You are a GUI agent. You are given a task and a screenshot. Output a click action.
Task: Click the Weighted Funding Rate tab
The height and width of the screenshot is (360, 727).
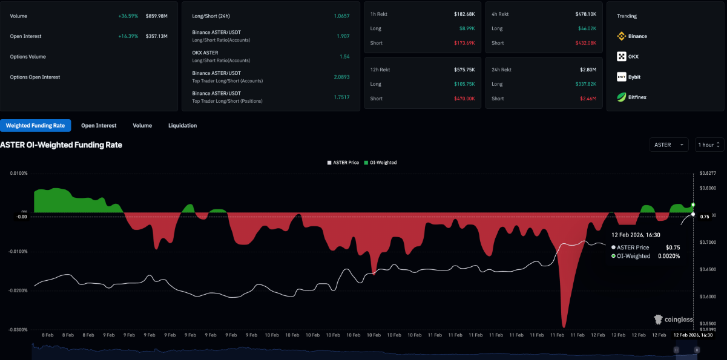tap(35, 125)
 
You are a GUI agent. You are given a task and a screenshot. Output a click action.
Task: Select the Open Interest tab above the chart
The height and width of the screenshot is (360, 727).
tap(99, 125)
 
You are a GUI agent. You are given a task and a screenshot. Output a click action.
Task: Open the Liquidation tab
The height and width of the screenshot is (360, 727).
tap(182, 125)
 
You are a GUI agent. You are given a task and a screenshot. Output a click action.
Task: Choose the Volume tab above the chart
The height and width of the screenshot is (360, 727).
tap(142, 125)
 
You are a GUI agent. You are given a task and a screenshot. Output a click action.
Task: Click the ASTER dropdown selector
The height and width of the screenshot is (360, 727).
tap(668, 145)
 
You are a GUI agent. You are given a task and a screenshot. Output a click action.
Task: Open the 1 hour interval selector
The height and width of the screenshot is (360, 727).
tap(709, 145)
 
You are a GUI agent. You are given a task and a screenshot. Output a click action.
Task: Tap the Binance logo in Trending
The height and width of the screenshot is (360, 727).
tap(621, 36)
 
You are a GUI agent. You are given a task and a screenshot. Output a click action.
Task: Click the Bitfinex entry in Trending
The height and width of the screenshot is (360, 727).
tap(637, 97)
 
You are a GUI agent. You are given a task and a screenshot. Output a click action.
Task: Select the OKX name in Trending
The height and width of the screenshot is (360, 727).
tap(633, 57)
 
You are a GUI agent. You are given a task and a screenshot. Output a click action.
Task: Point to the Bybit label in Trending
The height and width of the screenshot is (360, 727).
tap(634, 77)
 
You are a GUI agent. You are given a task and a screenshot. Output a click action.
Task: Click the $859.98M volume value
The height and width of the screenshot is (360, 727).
tap(156, 16)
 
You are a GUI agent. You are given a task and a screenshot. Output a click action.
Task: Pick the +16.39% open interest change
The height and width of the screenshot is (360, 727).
tap(128, 36)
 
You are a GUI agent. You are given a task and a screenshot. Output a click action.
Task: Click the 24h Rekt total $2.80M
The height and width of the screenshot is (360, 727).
tap(588, 70)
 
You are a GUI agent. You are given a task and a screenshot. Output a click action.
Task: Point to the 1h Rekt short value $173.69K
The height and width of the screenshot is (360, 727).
tap(465, 43)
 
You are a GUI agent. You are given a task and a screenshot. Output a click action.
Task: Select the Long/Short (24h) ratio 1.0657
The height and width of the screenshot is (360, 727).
tap(341, 16)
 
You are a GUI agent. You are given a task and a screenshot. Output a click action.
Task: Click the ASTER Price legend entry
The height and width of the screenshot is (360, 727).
tap(343, 163)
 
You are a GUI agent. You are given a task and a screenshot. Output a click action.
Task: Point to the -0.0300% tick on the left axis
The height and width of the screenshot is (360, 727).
tap(17, 330)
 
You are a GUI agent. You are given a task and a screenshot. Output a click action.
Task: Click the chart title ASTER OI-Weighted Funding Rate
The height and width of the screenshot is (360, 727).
tap(61, 145)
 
